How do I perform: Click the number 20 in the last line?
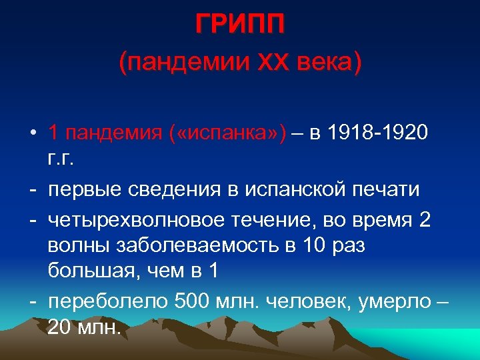click(59, 328)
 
